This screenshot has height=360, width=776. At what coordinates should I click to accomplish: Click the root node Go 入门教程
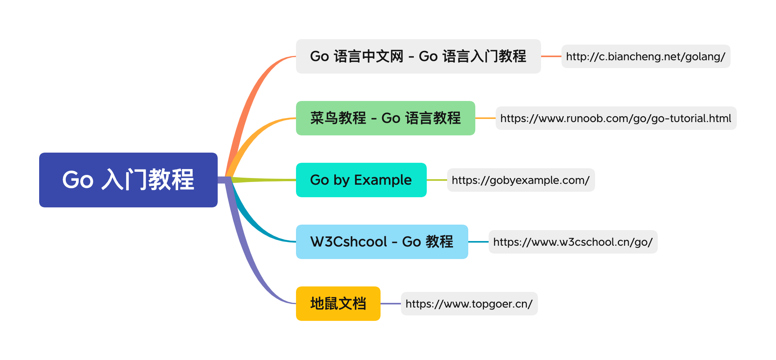128,180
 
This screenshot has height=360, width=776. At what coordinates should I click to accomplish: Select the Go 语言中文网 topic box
418,56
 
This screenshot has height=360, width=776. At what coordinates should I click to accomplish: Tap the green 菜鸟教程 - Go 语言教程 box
385,118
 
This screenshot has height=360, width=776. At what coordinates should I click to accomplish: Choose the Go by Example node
361,180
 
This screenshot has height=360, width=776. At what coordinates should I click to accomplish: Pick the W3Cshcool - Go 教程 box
382,242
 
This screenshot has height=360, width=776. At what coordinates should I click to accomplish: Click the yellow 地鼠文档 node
338,304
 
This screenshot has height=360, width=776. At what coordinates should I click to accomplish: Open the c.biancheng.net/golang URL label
646,56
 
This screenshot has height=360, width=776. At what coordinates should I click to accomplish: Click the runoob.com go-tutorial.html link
615,118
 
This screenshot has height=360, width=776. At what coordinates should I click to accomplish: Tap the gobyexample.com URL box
521,180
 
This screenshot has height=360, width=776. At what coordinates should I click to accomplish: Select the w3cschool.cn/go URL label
573,242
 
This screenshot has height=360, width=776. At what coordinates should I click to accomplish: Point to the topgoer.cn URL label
469,304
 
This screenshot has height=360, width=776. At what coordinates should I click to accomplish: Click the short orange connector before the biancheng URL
551,56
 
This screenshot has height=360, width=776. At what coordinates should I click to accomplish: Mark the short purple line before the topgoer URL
390,304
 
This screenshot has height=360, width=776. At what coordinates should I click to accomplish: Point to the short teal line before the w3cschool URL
478,242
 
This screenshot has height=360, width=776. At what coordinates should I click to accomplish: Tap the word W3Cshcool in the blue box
348,242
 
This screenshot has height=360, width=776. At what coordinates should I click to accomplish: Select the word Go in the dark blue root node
78,180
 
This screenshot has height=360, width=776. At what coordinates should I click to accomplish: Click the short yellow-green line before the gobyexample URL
437,180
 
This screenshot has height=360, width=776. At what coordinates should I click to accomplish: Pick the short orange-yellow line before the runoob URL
485,118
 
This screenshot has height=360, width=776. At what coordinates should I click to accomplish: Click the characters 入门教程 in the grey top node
498,56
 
